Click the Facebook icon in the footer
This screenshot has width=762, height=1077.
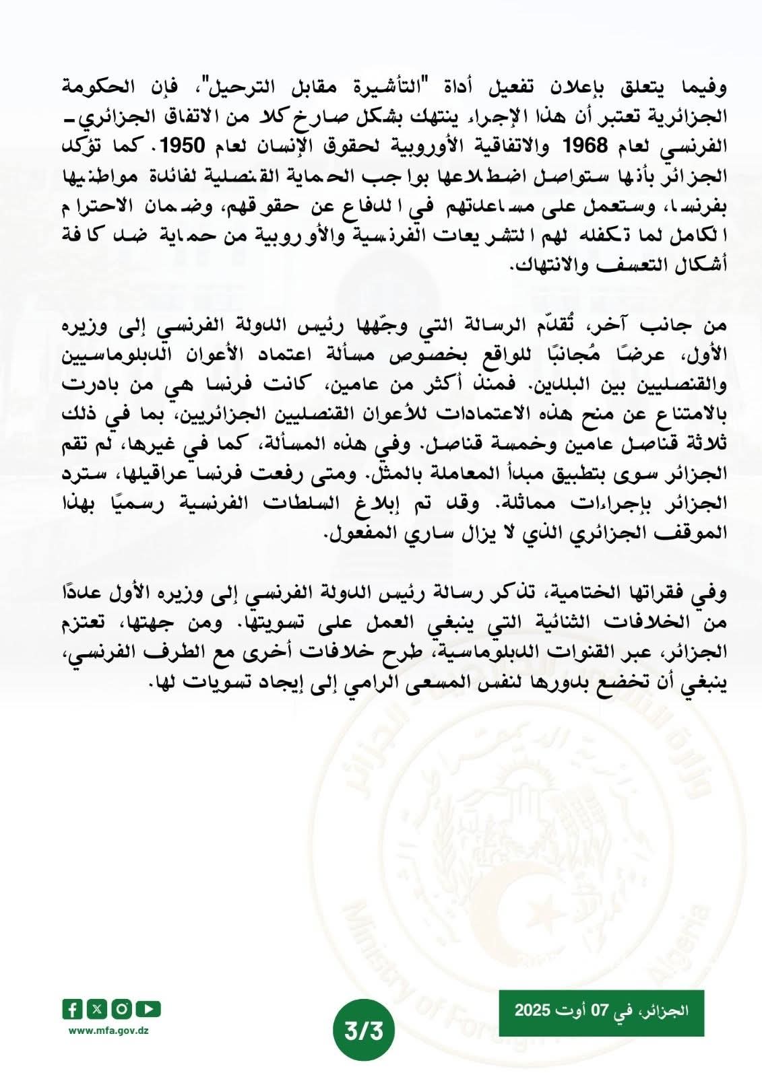(72, 1009)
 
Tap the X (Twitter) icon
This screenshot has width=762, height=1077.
(98, 1009)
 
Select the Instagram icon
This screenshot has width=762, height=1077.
(122, 1009)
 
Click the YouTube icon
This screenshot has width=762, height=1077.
(148, 1009)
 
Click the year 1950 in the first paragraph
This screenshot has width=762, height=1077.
(193, 146)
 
